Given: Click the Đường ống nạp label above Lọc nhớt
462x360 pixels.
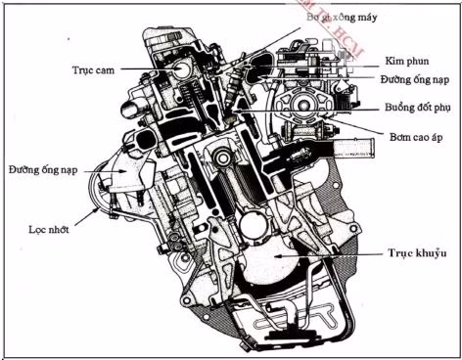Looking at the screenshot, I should (44, 170).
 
